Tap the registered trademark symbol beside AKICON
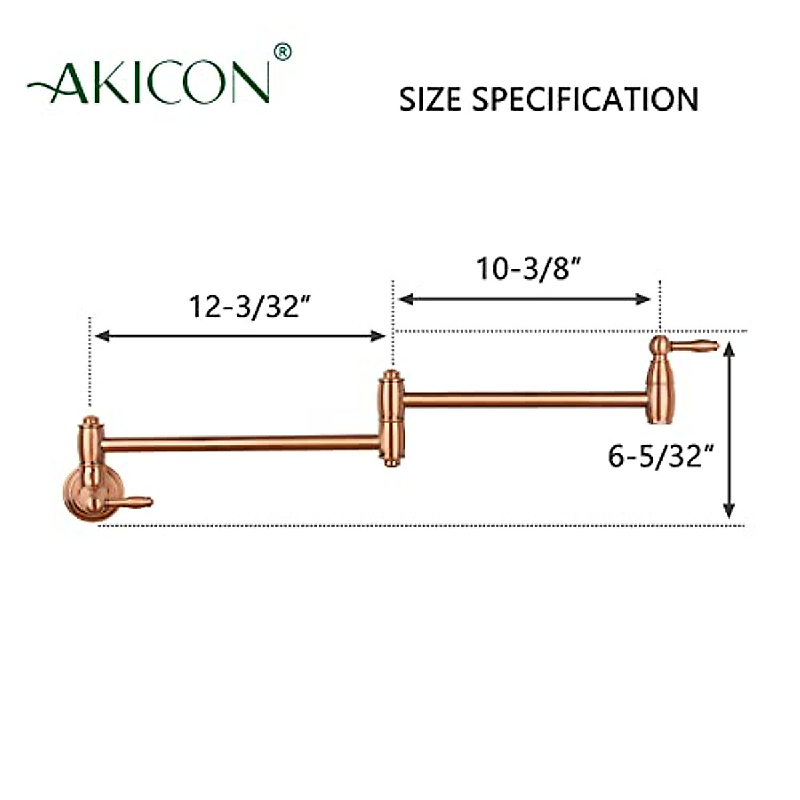pyautogui.click(x=283, y=53)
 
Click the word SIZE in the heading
pyautogui.click(x=431, y=99)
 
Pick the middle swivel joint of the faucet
pyautogui.click(x=391, y=419)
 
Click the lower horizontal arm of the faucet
pyautogui.click(x=240, y=443)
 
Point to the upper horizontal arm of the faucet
pyautogui.click(x=523, y=400)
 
